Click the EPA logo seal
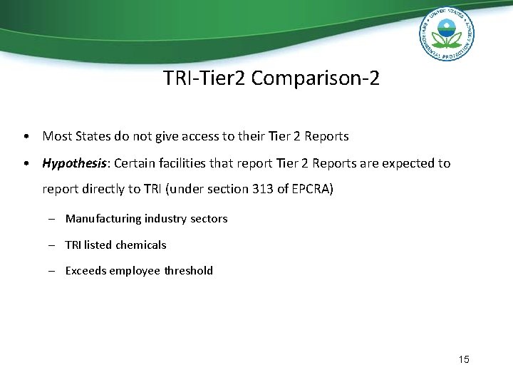click(x=446, y=36)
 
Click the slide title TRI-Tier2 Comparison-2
click(x=271, y=78)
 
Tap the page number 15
click(x=464, y=359)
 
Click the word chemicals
click(x=141, y=245)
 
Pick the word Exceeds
click(x=85, y=270)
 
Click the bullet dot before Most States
click(x=25, y=135)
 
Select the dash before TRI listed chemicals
click(x=53, y=245)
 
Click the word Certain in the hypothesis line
click(x=134, y=163)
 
